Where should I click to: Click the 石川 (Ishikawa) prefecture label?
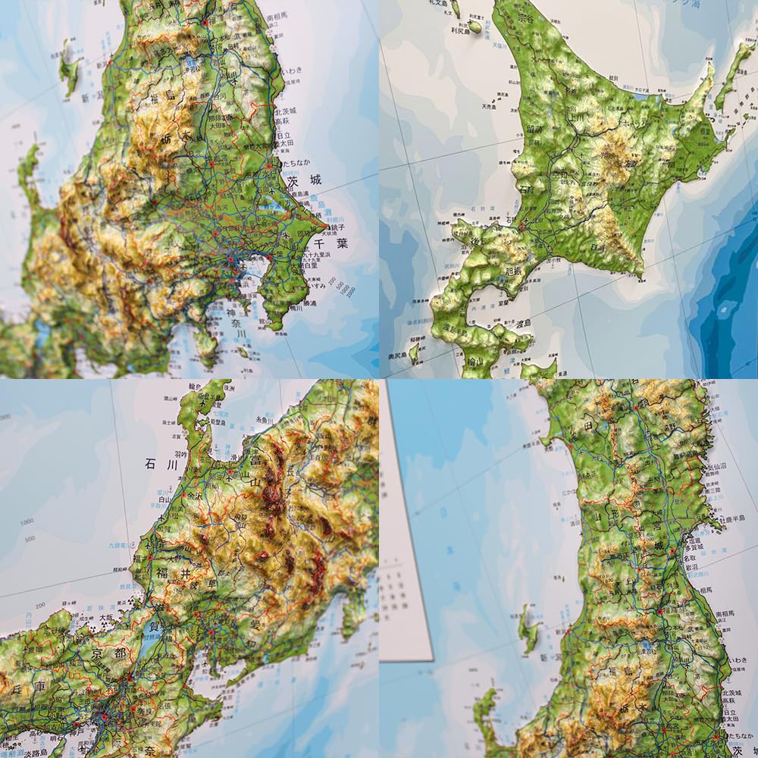click(164, 464)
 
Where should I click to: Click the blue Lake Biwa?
click(149, 648)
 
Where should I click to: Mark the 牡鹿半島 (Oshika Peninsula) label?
click(733, 520)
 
